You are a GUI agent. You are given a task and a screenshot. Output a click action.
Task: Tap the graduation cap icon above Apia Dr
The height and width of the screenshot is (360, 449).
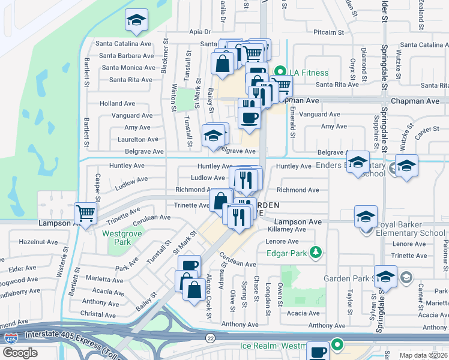pos(137,21)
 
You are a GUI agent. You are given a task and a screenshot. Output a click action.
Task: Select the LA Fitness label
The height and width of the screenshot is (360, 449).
pos(309,73)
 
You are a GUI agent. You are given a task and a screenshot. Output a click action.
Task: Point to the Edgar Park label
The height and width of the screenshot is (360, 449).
pos(289,253)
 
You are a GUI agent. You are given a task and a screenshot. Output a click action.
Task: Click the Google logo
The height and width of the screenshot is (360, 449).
pos(20,353)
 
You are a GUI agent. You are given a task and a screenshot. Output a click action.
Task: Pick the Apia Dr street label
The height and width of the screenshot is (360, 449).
pos(200,32)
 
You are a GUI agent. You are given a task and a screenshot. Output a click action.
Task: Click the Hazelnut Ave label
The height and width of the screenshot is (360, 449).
pos(38,242)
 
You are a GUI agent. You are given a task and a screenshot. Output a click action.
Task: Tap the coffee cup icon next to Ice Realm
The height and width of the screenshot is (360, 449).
pos(318,351)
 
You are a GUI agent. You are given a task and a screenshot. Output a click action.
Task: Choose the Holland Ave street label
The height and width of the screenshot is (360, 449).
pos(117,103)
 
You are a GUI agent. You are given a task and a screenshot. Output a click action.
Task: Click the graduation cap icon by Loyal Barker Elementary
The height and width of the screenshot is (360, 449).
pos(366,217)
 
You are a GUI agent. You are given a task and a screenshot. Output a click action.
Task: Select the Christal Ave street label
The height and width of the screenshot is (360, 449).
pos(98,314)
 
